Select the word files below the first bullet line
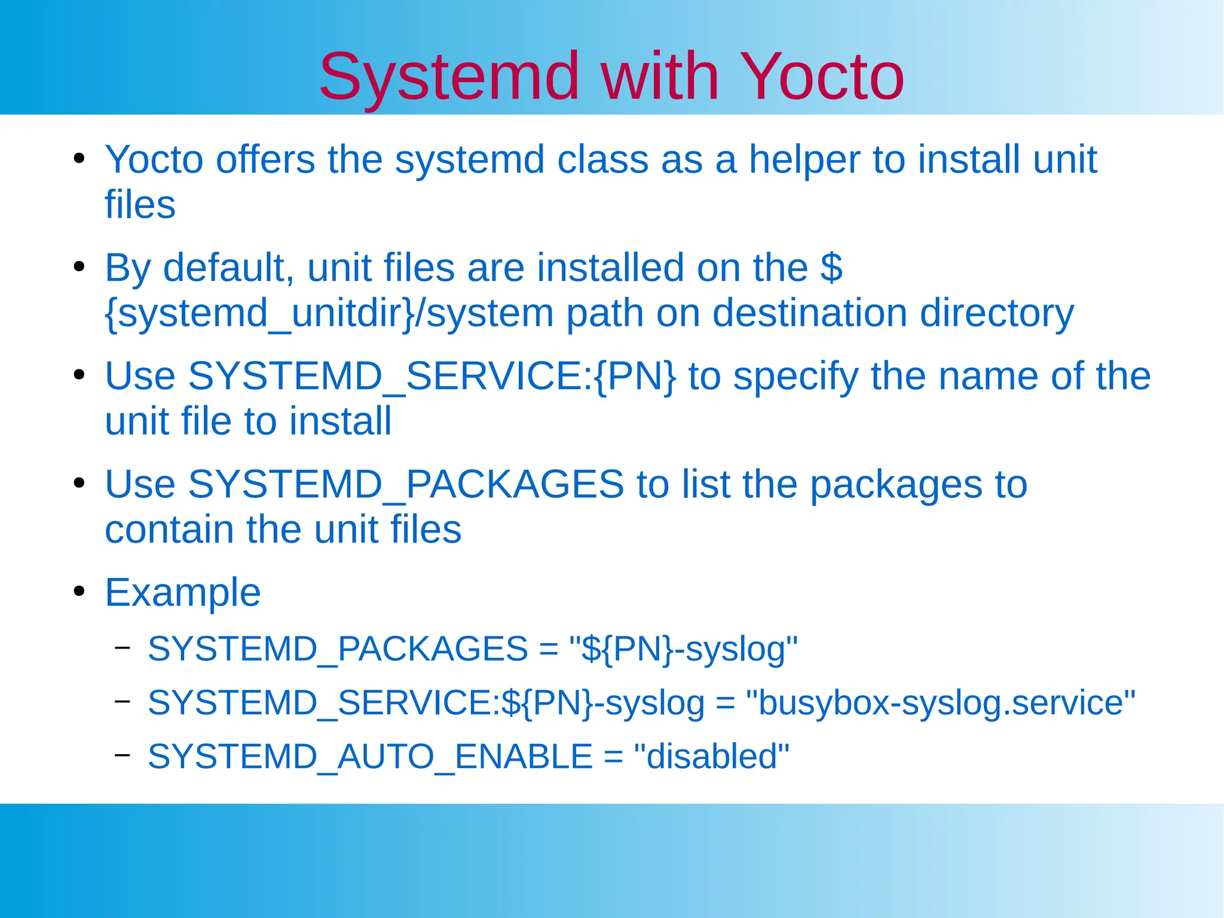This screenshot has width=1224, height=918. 140,205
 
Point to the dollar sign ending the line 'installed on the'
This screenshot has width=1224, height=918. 831,268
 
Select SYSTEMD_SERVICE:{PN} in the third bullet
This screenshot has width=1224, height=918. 390,377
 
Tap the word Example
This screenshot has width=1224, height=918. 183,593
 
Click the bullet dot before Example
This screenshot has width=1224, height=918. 79,592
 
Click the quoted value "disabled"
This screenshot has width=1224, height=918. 711,757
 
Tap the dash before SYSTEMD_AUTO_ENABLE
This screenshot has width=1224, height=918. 123,755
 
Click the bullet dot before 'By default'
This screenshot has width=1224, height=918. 79,267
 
